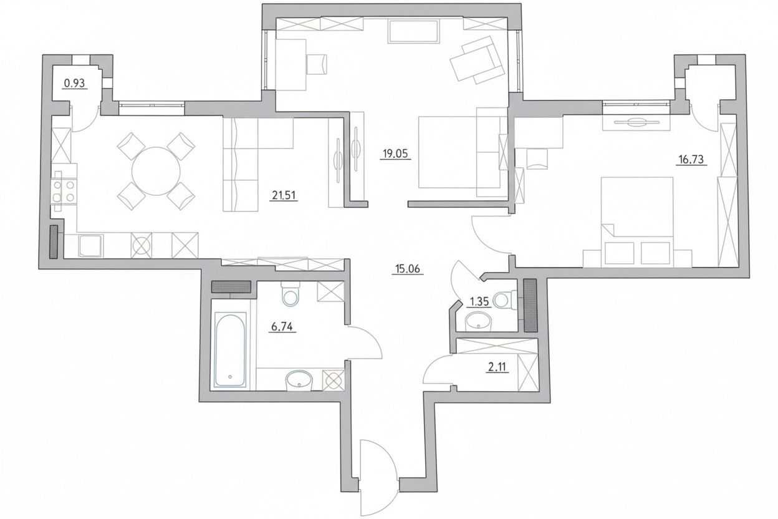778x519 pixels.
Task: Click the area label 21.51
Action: point(284,195)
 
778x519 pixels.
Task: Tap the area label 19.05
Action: point(395,153)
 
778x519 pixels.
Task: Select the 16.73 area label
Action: point(691,159)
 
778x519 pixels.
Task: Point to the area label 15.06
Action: point(408,269)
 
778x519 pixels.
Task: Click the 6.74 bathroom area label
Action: point(282,327)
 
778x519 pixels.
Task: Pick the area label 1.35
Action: point(479,301)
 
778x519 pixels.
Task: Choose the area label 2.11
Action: point(497,367)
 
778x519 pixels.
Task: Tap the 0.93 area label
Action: point(75,84)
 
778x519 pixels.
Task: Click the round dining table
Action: point(156,171)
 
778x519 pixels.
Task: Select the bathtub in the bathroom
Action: point(230,349)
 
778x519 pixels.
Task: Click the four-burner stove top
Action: point(64,191)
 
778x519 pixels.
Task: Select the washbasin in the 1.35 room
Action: point(478,321)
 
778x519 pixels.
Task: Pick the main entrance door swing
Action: point(378,478)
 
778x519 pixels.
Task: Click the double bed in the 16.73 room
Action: point(637,222)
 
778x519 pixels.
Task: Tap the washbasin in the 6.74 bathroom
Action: point(299,381)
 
